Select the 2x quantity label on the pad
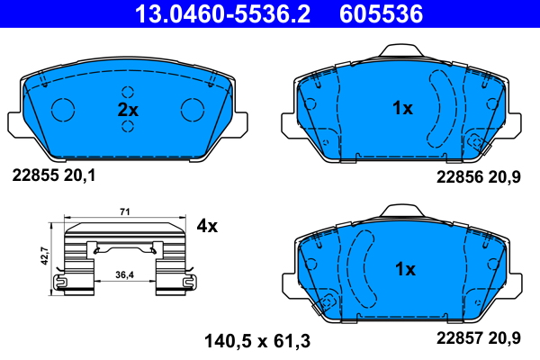(x=128, y=109)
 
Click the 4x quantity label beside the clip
(x=207, y=226)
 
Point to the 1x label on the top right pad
(x=402, y=109)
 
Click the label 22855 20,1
(x=52, y=175)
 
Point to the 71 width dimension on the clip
(x=126, y=212)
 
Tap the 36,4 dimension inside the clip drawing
(x=126, y=274)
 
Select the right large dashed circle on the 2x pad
(x=193, y=109)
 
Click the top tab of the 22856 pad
(x=402, y=52)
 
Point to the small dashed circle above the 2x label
(x=128, y=92)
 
